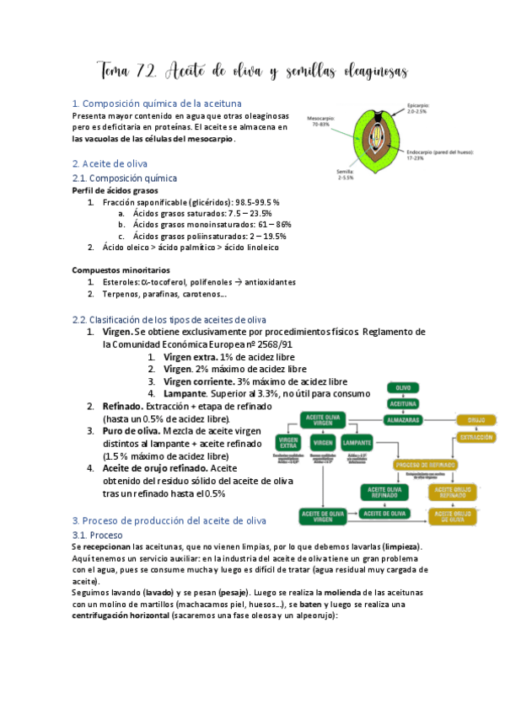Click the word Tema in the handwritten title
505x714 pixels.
pos(118,69)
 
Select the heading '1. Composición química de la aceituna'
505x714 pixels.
pos(157,104)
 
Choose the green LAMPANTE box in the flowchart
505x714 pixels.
pos(357,442)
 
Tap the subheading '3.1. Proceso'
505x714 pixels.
pos(98,535)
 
